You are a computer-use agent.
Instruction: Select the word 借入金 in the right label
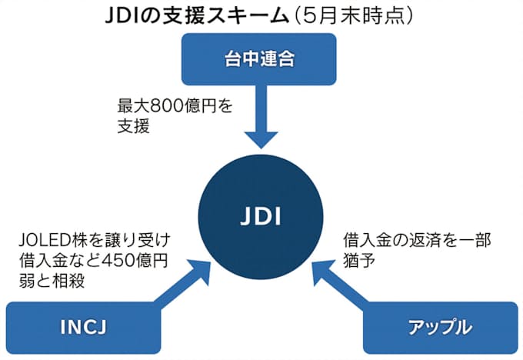tap(364, 239)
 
